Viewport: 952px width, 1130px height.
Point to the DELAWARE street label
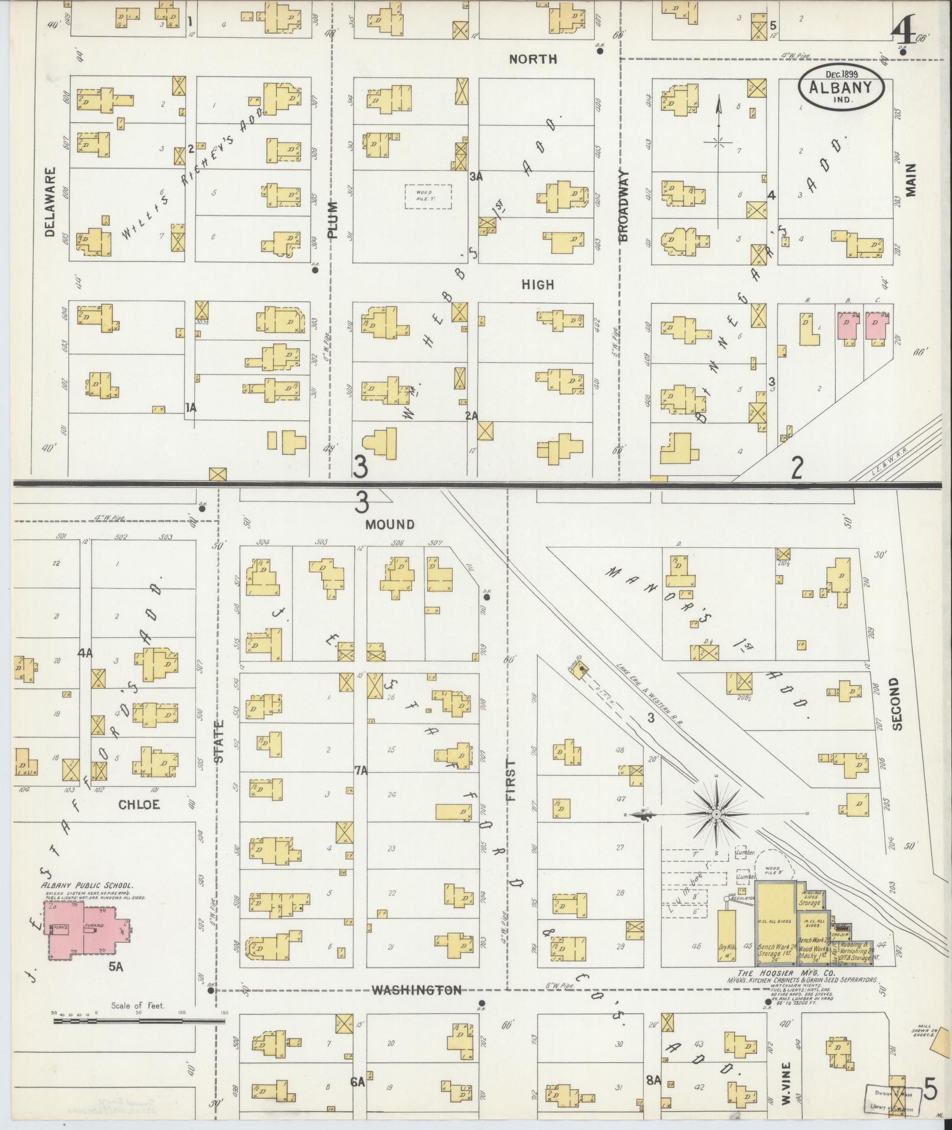coord(50,202)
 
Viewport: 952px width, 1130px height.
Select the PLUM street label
coord(333,220)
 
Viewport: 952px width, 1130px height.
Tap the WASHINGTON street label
coord(417,990)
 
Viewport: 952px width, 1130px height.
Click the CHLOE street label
coord(139,805)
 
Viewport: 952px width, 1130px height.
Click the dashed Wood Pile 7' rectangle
coord(428,196)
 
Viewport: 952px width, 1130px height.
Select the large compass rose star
coord(716,815)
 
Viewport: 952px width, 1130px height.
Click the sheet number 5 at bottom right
coord(931,1089)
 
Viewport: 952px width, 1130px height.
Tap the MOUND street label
coord(390,524)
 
